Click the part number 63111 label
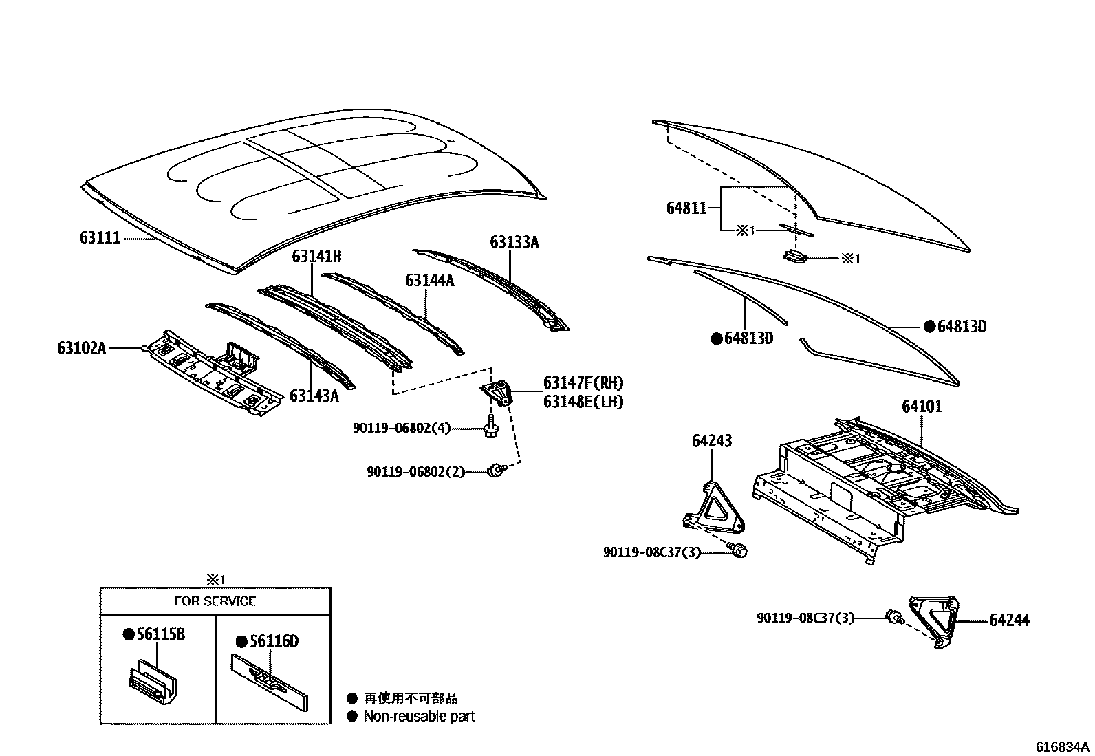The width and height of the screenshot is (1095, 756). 100,238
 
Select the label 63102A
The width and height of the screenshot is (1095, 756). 81,348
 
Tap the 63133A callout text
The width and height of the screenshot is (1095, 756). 514,242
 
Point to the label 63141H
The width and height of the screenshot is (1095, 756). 316,257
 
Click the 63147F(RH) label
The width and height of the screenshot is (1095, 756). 583,383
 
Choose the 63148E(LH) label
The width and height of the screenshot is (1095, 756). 583,402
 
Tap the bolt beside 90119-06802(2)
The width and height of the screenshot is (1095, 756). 495,471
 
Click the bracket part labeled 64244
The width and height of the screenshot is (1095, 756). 933,619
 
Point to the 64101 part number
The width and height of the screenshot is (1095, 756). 922,407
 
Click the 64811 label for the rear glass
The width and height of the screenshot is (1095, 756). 686,207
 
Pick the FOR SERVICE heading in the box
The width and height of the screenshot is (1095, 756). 215,601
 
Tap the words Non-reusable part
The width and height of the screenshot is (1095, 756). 419,717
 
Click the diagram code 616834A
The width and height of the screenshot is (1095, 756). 1063,747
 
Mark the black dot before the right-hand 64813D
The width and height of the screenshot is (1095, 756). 929,326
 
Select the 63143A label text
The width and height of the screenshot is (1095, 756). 314,396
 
